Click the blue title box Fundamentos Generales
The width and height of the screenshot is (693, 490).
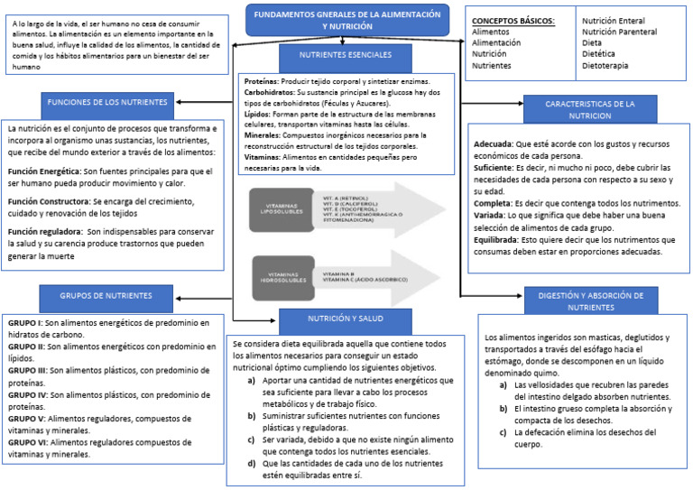(347, 21)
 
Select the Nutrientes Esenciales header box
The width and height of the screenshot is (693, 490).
(346, 55)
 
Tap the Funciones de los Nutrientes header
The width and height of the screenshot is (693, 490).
(107, 101)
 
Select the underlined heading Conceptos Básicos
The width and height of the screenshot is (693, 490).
(513, 20)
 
